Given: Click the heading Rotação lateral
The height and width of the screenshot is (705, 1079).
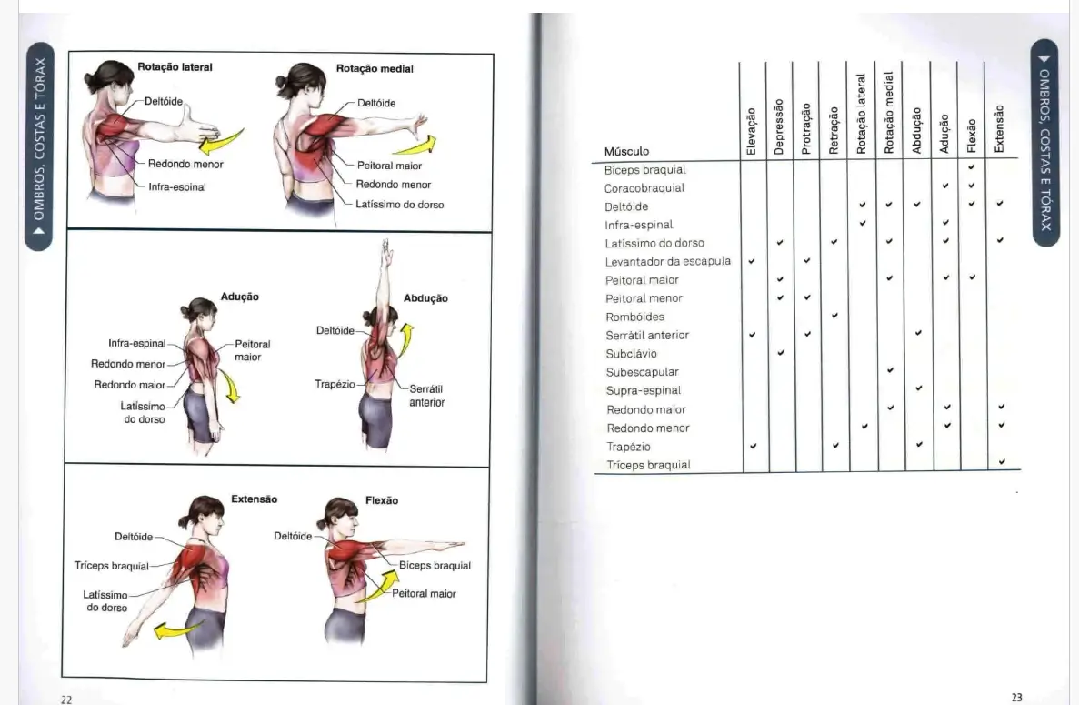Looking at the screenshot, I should [x=175, y=67].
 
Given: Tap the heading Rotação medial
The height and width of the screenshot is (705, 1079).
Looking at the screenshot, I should [x=375, y=68].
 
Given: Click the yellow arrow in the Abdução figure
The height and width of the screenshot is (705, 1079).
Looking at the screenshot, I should [x=406, y=337].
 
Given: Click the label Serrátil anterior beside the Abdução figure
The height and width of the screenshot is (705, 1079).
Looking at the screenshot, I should [x=426, y=396].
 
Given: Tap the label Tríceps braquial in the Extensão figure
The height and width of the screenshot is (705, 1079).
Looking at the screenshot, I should [x=111, y=566].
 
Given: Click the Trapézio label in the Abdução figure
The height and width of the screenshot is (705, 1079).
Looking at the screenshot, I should [x=335, y=385].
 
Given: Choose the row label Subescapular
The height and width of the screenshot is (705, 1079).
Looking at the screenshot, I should [x=642, y=372].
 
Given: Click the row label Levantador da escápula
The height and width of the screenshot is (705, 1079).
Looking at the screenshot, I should [x=668, y=262].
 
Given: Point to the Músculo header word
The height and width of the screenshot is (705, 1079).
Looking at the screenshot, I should [x=626, y=152].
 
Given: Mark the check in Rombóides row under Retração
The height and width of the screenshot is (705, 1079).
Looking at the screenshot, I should [x=834, y=316].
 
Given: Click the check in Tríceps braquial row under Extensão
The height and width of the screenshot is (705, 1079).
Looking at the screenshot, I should [x=1002, y=462].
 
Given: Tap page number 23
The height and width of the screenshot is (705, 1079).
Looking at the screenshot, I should [x=1016, y=698].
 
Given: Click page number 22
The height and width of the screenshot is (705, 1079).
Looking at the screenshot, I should [x=66, y=699].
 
